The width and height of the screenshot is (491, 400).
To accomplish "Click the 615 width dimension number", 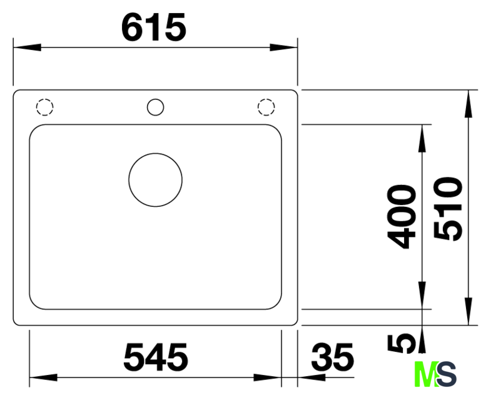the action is (154, 28).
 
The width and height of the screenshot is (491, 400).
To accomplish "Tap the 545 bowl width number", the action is (156, 356).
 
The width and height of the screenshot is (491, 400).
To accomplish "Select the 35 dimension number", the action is (332, 356).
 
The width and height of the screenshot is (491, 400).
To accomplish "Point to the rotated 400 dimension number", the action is (402, 217).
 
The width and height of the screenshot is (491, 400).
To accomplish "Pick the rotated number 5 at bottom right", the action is (402, 344).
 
